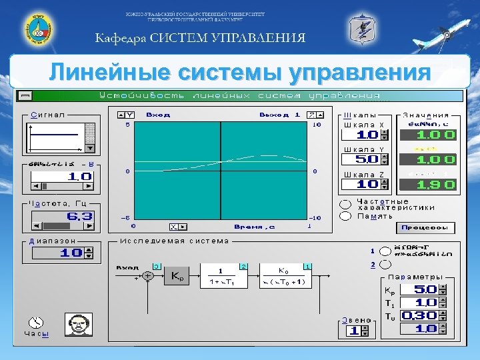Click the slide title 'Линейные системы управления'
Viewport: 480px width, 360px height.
pyautogui.click(x=239, y=72)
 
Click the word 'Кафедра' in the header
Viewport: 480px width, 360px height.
pyautogui.click(x=119, y=37)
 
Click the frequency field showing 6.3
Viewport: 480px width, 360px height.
pyautogui.click(x=61, y=217)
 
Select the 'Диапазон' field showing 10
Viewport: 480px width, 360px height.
pyautogui.click(x=61, y=253)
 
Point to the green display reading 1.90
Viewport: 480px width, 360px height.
pyautogui.click(x=427, y=185)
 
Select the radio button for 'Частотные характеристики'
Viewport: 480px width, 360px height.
pyautogui.click(x=345, y=204)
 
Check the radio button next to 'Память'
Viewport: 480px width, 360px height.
pyautogui.click(x=345, y=215)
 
